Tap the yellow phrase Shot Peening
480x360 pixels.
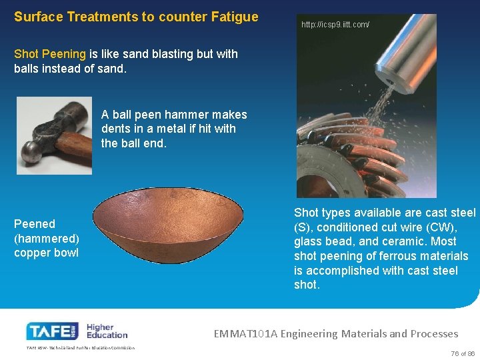(50, 54)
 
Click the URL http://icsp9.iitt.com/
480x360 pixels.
(335, 25)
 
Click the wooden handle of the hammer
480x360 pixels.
(73, 143)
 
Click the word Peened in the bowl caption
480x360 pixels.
(35, 224)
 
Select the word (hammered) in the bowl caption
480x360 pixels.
(46, 238)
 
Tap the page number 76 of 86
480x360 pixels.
(462, 354)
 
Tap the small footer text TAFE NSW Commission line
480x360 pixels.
(80, 348)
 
